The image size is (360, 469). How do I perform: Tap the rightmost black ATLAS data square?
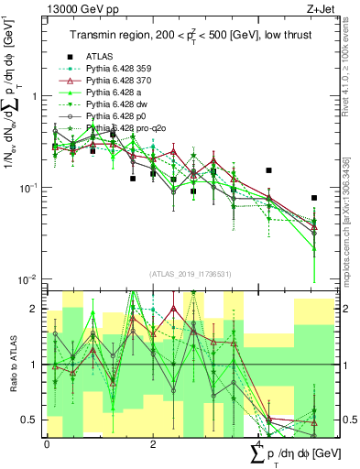coord(314,197)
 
